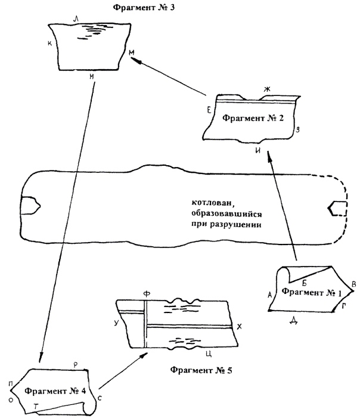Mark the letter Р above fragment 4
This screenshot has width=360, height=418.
75,363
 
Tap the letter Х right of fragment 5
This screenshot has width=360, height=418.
238,327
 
